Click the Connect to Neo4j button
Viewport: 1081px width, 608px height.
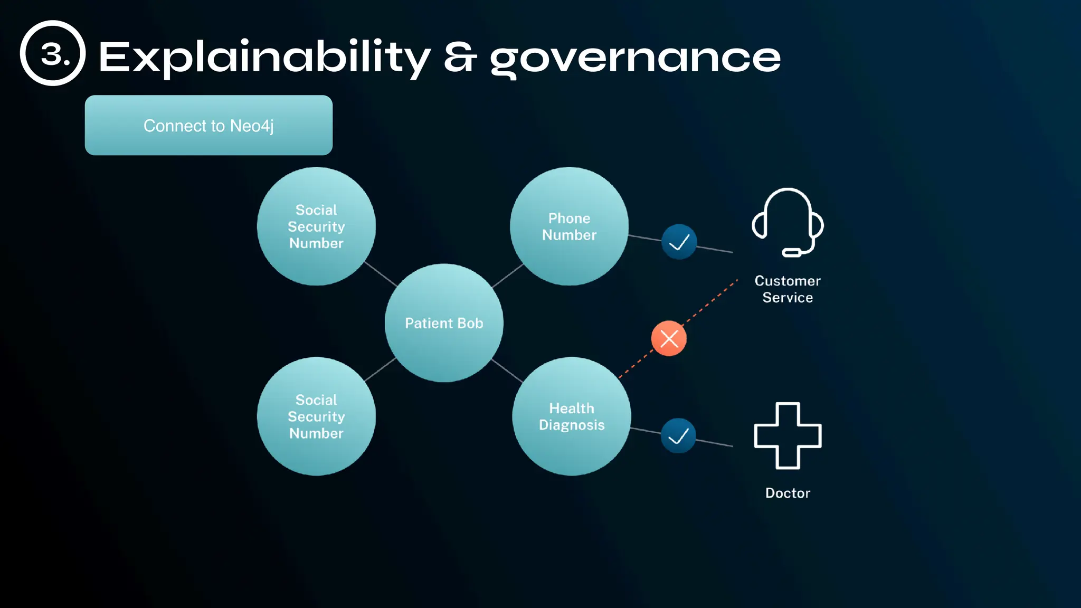click(x=208, y=125)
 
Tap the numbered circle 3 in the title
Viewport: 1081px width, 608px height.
click(x=53, y=53)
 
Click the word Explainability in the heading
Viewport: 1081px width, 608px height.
click(x=264, y=57)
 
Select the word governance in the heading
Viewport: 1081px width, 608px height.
click(x=635, y=58)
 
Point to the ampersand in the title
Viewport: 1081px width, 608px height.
click(x=460, y=57)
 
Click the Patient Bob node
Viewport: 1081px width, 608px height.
click(x=444, y=323)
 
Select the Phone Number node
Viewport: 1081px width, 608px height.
click(x=569, y=226)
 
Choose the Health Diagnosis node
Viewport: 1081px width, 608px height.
click(x=572, y=416)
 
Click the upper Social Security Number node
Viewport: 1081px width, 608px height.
click(x=316, y=226)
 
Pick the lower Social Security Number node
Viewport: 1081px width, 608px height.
click(x=316, y=416)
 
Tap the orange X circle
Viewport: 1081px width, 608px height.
click(x=669, y=338)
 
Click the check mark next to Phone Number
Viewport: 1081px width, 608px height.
click(x=679, y=242)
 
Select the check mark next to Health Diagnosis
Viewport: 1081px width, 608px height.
click(x=678, y=435)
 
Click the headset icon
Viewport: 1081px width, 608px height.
click(x=788, y=222)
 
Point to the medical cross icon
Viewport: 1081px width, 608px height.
click(x=788, y=436)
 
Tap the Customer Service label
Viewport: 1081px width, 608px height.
click(x=788, y=289)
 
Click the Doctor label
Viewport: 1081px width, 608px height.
click(x=788, y=493)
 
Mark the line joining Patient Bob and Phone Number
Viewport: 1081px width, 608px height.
click(x=507, y=275)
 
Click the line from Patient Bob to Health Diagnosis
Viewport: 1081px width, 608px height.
click(x=507, y=370)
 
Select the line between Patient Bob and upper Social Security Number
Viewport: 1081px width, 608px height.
click(x=381, y=274)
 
